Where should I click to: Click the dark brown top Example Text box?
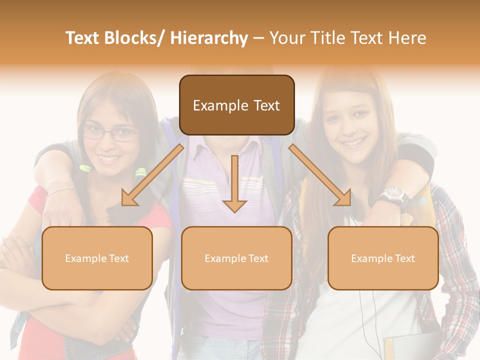click(x=236, y=105)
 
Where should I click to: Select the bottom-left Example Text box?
click(x=97, y=258)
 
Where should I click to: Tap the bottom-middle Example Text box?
click(x=236, y=258)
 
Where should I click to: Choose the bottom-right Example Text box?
click(x=383, y=258)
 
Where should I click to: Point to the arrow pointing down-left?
click(x=153, y=175)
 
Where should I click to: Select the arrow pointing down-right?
click(x=320, y=175)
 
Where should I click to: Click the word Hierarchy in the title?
click(x=208, y=38)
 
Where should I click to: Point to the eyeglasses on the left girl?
click(x=110, y=133)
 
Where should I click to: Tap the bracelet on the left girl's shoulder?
click(x=62, y=190)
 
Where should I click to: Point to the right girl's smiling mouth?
click(x=354, y=143)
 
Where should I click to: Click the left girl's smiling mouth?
click(x=109, y=159)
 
